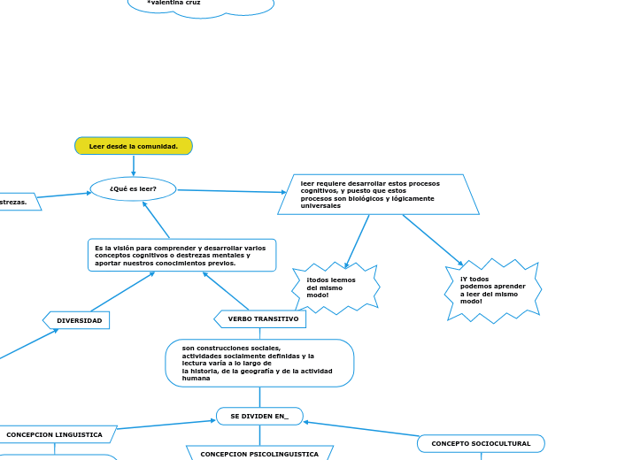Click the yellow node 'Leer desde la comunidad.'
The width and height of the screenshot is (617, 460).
click(x=134, y=146)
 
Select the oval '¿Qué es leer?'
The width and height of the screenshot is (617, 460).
click(x=133, y=188)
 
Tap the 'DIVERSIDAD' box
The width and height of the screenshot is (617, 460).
click(x=78, y=320)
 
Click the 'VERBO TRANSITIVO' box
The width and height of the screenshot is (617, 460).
click(x=261, y=318)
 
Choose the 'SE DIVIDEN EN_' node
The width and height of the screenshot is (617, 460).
click(x=259, y=416)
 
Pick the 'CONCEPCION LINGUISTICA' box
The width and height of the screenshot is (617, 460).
click(x=55, y=434)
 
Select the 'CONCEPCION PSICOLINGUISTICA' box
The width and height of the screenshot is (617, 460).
click(x=259, y=453)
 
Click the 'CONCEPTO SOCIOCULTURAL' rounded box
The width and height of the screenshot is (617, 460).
click(x=481, y=443)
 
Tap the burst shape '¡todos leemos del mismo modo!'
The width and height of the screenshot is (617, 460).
click(x=335, y=287)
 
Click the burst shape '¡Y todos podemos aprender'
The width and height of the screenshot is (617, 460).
click(x=493, y=290)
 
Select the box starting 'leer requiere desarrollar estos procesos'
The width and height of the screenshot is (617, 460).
click(x=378, y=195)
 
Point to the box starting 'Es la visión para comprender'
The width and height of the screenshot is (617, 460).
click(x=181, y=256)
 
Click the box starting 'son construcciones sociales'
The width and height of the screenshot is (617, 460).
click(x=259, y=363)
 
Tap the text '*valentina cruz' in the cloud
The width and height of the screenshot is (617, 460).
click(x=174, y=4)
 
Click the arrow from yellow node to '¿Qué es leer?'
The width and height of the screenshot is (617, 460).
click(x=134, y=165)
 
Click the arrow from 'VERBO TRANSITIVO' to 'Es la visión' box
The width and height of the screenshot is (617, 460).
click(x=226, y=291)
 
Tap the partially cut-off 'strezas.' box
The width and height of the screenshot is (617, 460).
click(x=16, y=202)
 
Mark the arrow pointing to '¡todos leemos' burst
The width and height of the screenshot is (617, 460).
click(x=357, y=241)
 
